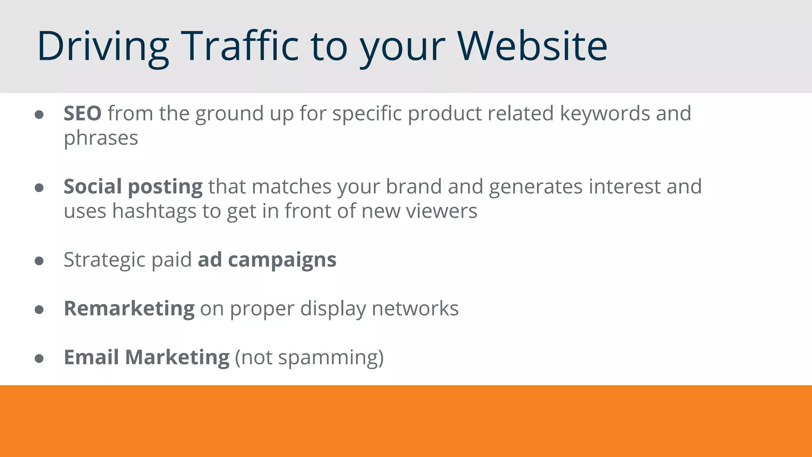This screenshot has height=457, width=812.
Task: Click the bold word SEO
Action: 82,113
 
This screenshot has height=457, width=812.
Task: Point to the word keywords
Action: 605,113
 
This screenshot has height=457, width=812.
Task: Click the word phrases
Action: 101,138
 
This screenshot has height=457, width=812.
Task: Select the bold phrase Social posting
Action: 133,186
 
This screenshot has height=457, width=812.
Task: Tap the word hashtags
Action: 154,211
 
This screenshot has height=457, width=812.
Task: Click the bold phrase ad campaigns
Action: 267,260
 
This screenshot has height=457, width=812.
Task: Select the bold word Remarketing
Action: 129,309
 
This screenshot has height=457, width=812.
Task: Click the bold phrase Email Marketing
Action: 147,357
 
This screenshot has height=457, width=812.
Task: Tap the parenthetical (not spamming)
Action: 309,357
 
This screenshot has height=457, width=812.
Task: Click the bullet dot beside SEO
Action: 39,115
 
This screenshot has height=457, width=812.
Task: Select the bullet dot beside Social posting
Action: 39,188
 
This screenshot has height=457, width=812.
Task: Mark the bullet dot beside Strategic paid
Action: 39,261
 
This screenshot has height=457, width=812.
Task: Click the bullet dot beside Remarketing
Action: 39,310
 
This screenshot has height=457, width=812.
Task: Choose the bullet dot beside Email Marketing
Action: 39,359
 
